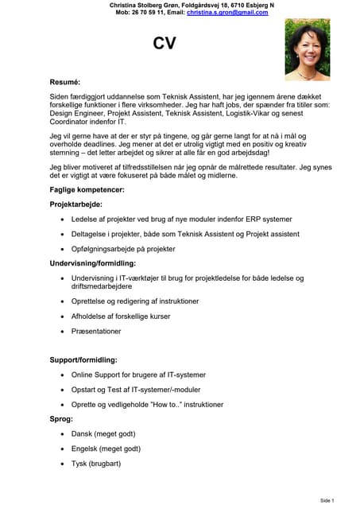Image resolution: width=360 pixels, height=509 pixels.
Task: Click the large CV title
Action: (x=164, y=45)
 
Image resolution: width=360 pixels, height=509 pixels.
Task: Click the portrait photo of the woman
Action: (x=307, y=49)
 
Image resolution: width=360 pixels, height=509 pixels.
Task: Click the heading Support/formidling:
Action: (x=83, y=359)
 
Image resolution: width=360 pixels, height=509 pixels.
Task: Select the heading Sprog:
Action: (x=61, y=418)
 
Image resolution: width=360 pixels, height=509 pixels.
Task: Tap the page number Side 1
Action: (x=327, y=500)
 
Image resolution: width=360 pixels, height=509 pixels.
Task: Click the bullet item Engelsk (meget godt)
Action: (x=106, y=449)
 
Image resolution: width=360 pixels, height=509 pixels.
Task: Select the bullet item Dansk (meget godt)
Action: (x=103, y=433)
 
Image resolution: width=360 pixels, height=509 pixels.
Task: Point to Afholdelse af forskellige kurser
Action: (x=121, y=316)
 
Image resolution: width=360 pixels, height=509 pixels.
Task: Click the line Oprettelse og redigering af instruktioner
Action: (x=134, y=301)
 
